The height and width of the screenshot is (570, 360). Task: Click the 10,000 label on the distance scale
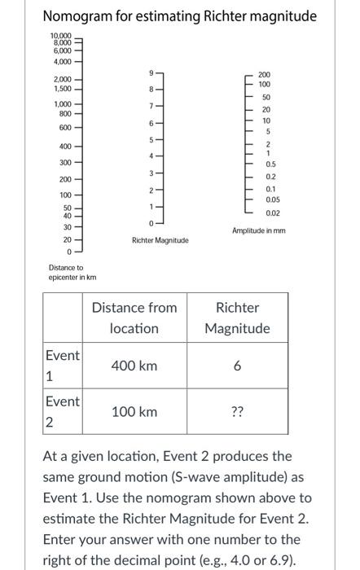(61, 36)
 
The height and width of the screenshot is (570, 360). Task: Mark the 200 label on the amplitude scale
(265, 74)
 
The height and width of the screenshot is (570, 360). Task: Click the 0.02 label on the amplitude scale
(273, 213)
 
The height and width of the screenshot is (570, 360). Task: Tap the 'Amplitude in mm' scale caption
(258, 230)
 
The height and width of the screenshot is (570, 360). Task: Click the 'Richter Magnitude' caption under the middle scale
(160, 240)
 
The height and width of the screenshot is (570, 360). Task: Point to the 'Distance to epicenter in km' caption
(65, 272)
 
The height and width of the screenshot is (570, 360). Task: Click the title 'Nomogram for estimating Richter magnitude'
(179, 16)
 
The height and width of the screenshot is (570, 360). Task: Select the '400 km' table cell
(134, 366)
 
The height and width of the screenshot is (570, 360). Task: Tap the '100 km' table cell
(134, 412)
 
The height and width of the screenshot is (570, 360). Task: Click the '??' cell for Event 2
(237, 412)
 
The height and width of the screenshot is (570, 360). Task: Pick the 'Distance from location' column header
(134, 318)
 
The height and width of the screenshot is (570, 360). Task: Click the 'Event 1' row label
(62, 366)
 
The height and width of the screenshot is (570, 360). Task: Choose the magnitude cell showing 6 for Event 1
(237, 366)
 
